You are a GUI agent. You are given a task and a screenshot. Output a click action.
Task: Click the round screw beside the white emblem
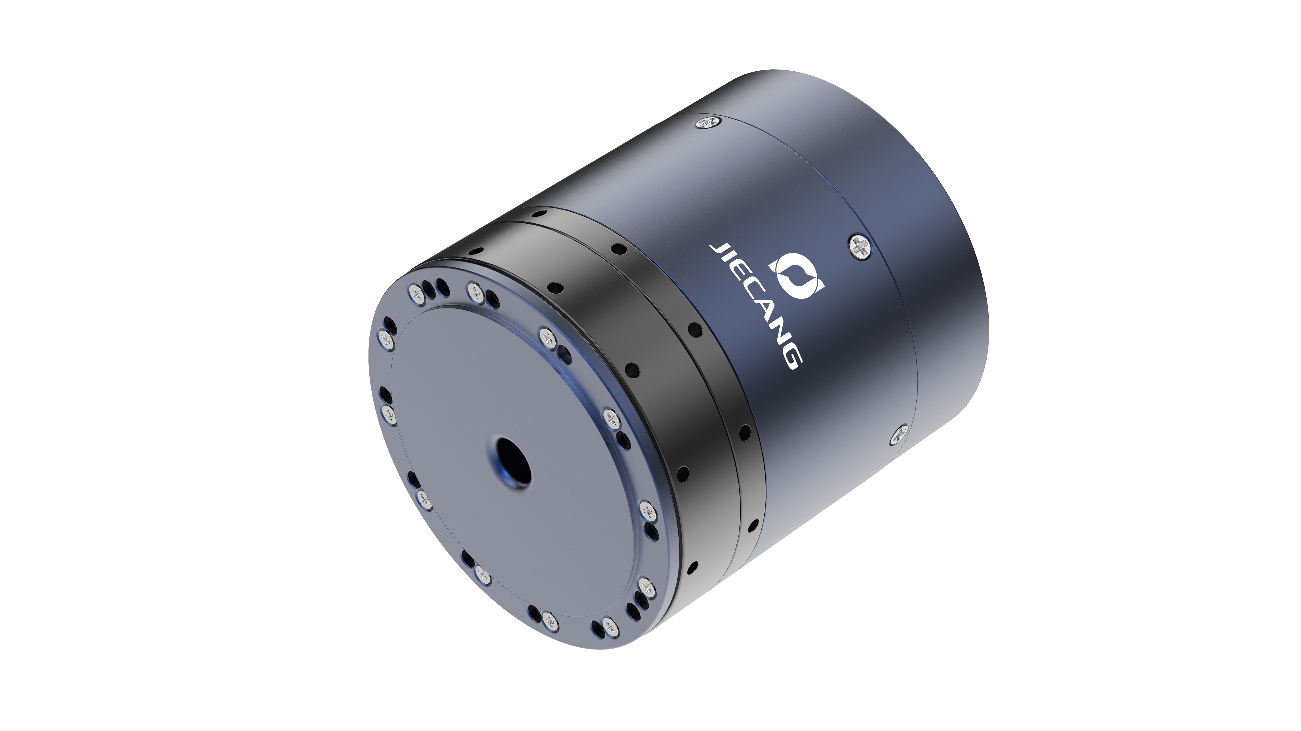pos(858,247)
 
